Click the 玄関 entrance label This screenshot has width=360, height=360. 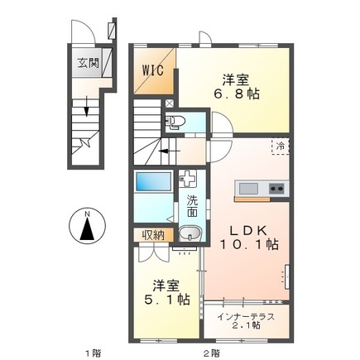pos(87,61)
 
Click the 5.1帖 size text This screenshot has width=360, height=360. pos(164,295)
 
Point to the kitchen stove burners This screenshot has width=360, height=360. pos(276,190)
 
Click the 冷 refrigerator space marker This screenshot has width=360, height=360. pos(282,146)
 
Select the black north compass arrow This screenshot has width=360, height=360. pos(86,228)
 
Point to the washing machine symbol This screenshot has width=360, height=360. pos(189,178)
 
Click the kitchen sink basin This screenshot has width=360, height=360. pos(249,190)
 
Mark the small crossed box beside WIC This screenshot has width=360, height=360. pos(170,105)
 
